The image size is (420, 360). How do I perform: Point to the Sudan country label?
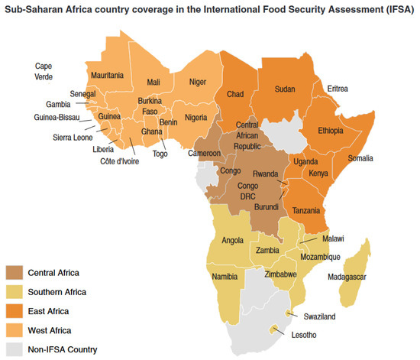tap(285, 89)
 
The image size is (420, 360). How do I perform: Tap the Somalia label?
tap(360, 158)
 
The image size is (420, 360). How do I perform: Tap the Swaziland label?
tap(318, 316)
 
